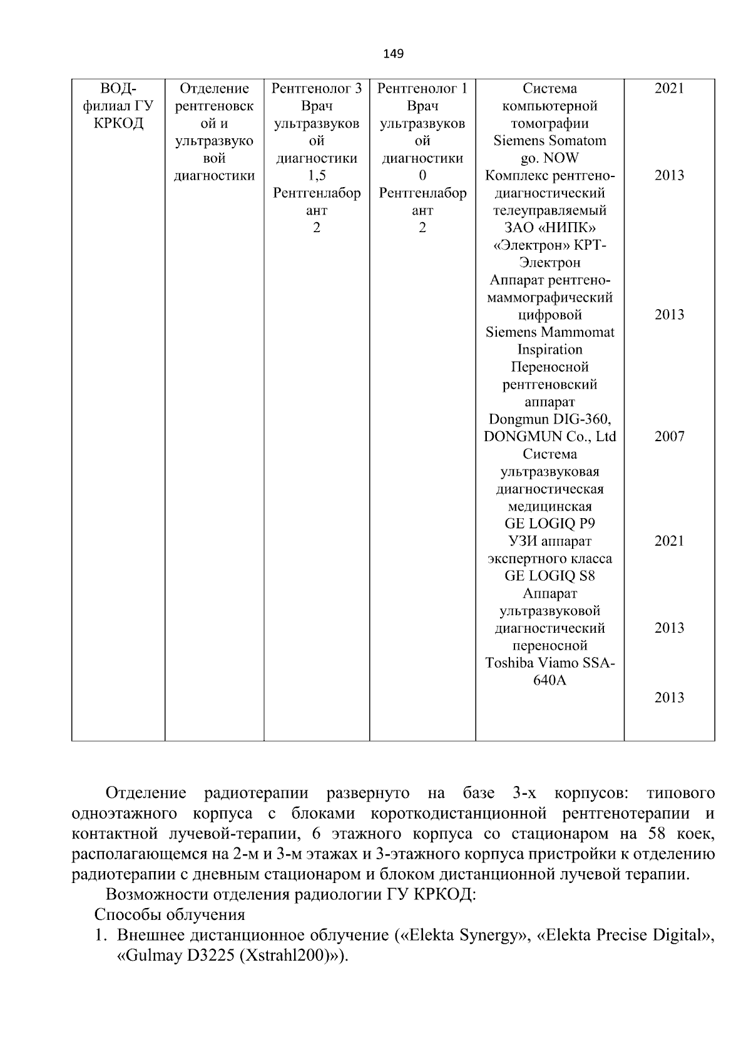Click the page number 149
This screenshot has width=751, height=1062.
click(393, 54)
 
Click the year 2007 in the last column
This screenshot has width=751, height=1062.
click(669, 437)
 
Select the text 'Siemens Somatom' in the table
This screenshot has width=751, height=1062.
click(549, 141)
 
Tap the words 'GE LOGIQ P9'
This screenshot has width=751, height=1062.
click(549, 524)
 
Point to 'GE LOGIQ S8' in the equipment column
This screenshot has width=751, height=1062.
click(549, 576)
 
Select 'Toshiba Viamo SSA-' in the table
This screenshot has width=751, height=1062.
click(549, 663)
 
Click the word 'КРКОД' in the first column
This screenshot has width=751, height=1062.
click(118, 123)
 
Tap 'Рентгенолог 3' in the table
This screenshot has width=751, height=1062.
click(317, 89)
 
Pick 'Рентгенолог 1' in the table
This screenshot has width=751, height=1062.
click(422, 89)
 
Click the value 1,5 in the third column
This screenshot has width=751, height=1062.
click(317, 176)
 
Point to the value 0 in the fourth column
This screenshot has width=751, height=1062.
click(422, 176)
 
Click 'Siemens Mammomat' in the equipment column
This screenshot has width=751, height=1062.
click(549, 332)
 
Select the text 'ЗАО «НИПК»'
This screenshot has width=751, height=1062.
click(549, 228)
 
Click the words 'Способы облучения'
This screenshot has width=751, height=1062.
click(170, 915)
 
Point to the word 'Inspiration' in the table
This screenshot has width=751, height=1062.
click(549, 350)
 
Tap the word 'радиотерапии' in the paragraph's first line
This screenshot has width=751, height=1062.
click(256, 794)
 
